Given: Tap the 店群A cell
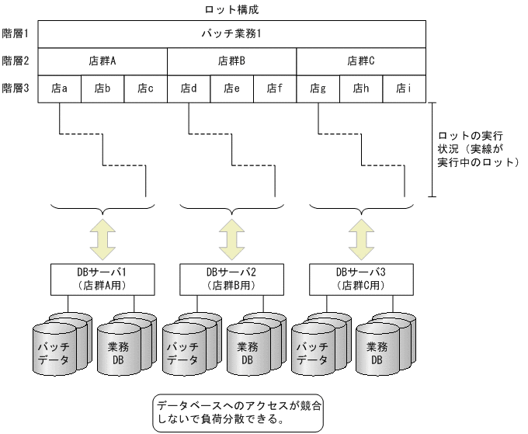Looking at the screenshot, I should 102,61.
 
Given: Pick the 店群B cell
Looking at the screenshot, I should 232,61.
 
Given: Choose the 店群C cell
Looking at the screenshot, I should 361,61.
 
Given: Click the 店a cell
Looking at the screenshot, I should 60,88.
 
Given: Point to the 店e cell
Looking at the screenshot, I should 232,88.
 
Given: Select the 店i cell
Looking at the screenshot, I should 404,88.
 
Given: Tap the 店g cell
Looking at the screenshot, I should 318,88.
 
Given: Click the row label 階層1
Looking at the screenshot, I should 16,34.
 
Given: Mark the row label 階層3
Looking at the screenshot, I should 16,88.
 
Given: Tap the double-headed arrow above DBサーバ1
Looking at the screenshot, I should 102,238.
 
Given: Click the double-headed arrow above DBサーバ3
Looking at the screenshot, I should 361,238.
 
